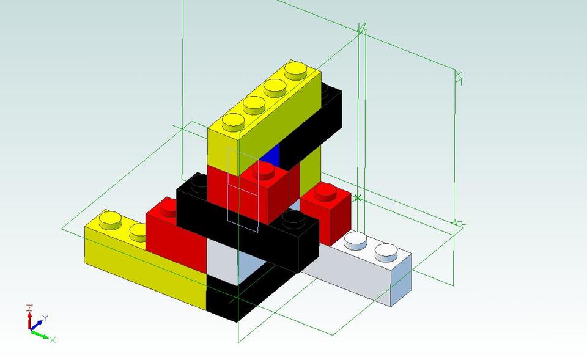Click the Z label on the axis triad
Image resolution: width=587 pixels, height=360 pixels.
point(29,307)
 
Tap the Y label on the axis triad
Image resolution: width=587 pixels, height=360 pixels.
point(45,318)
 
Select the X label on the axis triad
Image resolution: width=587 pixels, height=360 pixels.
point(53,339)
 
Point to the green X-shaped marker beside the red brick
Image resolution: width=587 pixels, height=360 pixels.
point(358,197)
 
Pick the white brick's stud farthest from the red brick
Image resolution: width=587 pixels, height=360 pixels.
point(385,250)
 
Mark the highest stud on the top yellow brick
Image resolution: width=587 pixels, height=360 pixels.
point(297,70)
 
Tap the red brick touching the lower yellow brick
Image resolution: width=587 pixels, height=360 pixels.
point(174,235)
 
